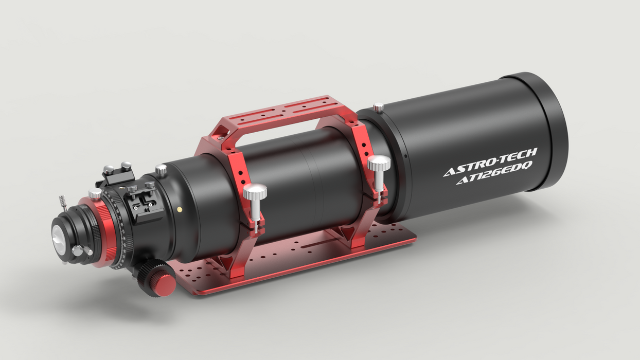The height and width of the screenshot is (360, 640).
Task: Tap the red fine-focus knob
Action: pyautogui.click(x=165, y=284)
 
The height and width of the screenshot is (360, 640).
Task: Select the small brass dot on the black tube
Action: pyautogui.click(x=179, y=209)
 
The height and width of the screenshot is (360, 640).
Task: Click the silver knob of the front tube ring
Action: pyautogui.click(x=379, y=165)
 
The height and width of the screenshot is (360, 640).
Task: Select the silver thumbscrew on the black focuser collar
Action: pyautogui.click(x=161, y=169)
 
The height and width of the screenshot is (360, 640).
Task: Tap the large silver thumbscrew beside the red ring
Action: pyautogui.click(x=95, y=194)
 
